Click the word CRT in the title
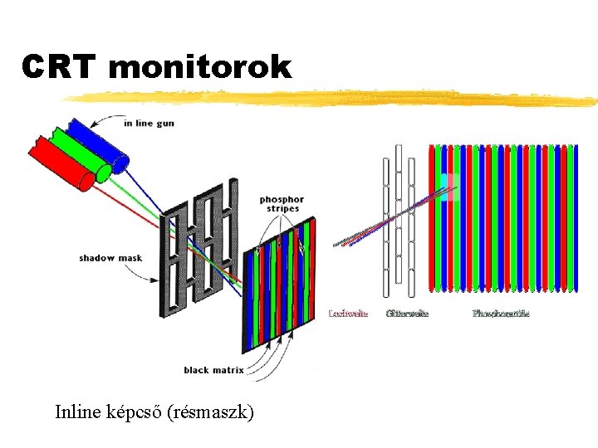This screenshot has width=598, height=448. [61, 68]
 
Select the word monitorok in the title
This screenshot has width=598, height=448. [199, 68]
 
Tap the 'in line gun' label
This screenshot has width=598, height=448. [149, 124]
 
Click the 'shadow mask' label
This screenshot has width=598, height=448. [110, 258]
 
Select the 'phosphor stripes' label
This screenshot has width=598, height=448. [282, 204]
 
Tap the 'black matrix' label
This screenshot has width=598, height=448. [213, 370]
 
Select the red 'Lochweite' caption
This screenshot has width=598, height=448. [348, 313]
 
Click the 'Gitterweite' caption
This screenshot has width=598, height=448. [407, 313]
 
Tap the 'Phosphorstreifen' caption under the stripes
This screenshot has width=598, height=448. [501, 313]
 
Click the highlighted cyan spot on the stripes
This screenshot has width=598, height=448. [448, 186]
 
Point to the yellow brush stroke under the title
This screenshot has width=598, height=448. [332, 99]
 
